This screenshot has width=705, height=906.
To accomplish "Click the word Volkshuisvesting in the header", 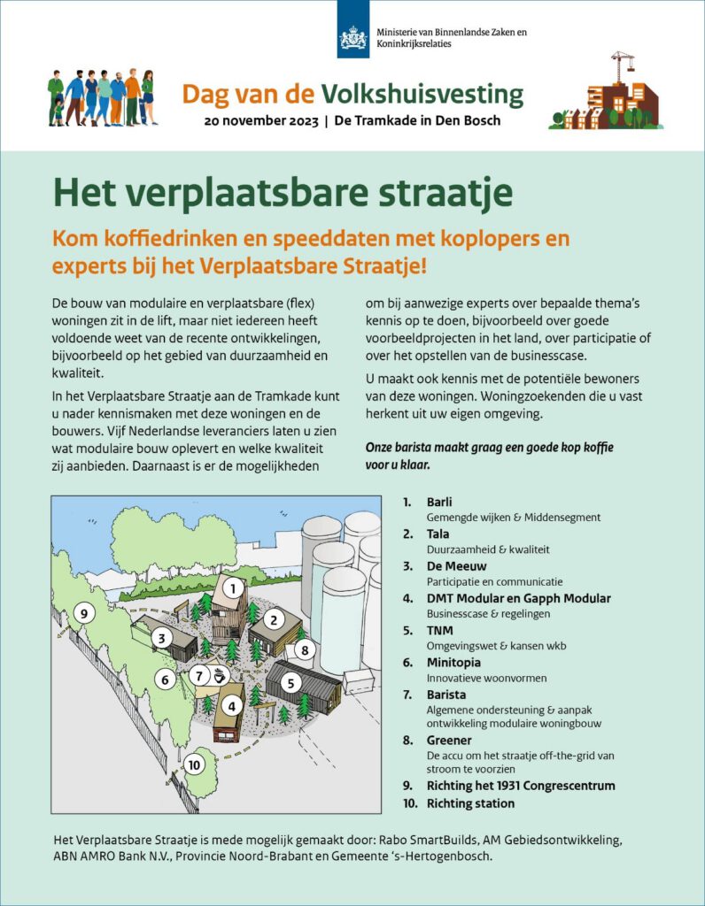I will pos(422,95).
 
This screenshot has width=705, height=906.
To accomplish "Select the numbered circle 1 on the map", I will pos(233,587).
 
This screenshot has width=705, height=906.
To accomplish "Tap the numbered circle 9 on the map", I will pos(84,612).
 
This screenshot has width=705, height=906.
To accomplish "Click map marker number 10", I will pos(195,764).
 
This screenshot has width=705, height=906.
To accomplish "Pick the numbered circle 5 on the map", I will pos(290,682).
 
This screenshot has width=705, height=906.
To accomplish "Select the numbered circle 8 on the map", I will pos(305,650).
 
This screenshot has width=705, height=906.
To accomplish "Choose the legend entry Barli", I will pos(439,503).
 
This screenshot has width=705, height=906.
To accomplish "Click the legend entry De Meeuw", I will pos(456,566).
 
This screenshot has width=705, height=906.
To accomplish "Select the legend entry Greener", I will pos(449,740).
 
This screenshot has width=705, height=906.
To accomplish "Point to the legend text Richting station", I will pos(470,803).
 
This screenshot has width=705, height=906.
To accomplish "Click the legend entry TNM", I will pos(439,630).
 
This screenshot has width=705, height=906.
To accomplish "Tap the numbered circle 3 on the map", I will pos(161,636).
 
